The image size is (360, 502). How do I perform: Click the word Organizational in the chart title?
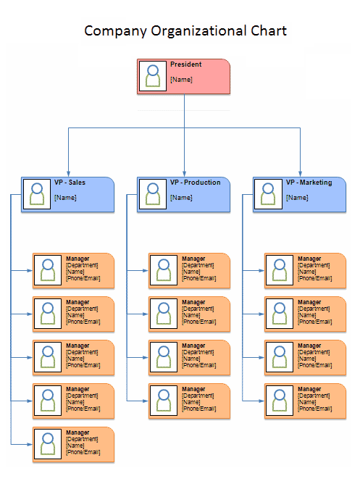click(198, 31)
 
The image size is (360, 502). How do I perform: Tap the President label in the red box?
click(186, 64)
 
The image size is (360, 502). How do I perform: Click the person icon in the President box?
click(153, 76)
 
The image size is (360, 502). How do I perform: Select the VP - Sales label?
click(70, 183)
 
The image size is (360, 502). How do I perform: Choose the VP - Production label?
click(195, 183)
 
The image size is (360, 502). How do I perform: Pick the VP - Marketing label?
click(309, 183)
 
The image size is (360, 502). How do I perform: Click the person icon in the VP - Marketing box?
click(268, 194)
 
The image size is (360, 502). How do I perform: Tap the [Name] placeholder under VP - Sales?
click(65, 198)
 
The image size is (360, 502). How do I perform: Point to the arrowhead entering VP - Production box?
click(184, 174)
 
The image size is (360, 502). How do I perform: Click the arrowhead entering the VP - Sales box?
click(69, 174)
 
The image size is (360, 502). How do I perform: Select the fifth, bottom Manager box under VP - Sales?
click(73, 444)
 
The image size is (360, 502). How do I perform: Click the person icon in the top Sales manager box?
click(48, 270)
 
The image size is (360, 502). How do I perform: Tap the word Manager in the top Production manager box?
click(193, 259)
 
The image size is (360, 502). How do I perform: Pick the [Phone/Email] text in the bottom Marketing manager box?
click(315, 409)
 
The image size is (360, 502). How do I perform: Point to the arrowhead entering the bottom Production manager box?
click(146, 401)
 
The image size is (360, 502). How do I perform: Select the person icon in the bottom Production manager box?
click(164, 401)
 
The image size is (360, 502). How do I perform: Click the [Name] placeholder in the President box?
click(181, 80)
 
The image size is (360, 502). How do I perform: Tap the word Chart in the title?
click(269, 31)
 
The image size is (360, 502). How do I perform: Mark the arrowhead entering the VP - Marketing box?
click(300, 174)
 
